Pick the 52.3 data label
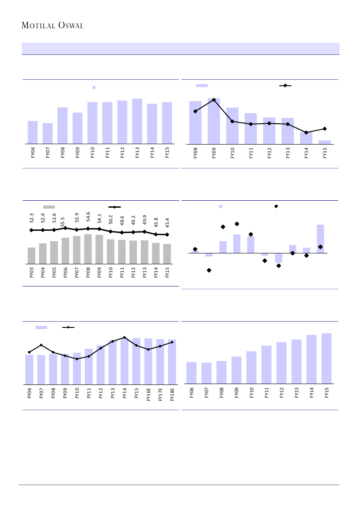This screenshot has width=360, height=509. pos(31,218)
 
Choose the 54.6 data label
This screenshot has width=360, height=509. pos(88,217)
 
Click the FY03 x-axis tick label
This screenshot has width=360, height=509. pos(31,273)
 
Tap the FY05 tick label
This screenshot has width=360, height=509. pos(54,273)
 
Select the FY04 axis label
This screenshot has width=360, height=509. pos(43,273)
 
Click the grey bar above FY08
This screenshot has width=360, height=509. pos(88,249)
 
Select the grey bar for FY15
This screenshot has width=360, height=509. pos(167,254)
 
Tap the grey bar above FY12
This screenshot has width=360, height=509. pos(133,252)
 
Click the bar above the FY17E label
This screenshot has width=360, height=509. pos(160,362)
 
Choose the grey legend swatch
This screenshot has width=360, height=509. pos(49,207)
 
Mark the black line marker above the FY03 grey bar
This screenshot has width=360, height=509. pos(31,230)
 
